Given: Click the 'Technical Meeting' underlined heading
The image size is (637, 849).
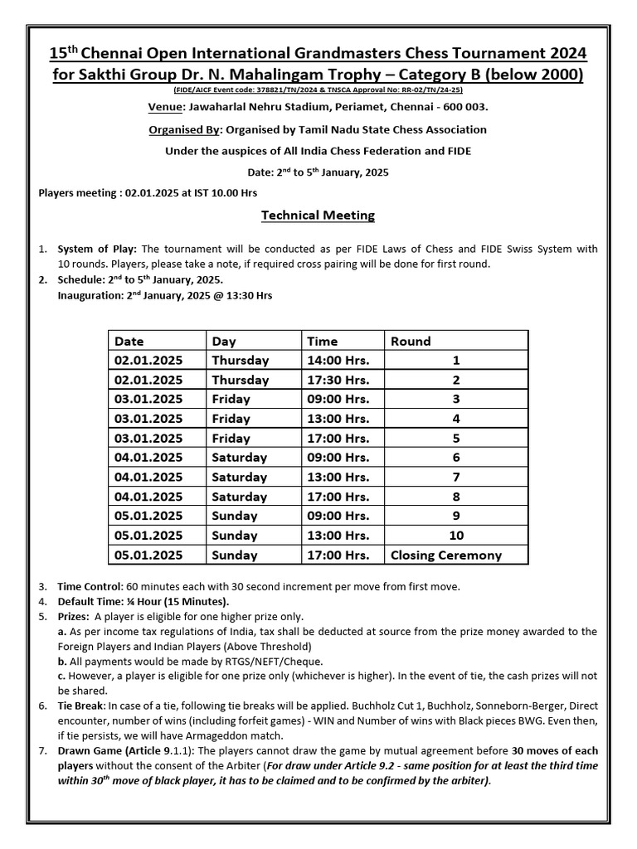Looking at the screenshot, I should click(318, 216).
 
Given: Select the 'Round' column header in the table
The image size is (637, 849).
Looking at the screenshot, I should click(411, 341).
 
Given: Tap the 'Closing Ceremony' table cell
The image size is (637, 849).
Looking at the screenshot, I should click(445, 555).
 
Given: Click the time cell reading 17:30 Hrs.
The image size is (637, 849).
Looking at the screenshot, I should click(338, 380).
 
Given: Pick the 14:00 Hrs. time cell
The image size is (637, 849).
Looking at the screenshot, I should click(338, 361).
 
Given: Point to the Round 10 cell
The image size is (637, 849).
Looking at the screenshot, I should click(456, 536).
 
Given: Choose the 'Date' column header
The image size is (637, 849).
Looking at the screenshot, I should click(129, 341).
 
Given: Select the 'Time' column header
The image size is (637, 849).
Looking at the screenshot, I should click(323, 341).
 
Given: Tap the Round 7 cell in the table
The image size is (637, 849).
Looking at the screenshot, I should click(456, 477).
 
